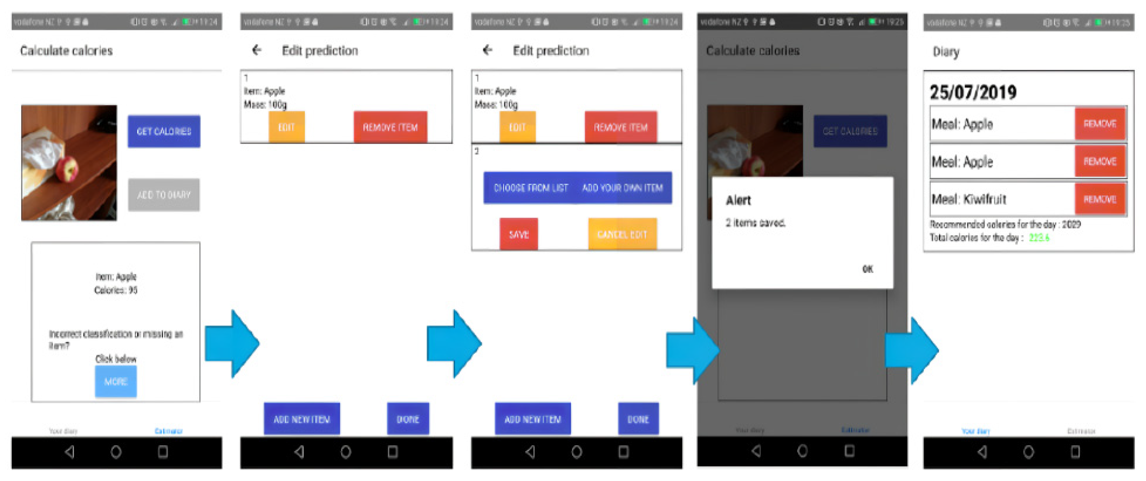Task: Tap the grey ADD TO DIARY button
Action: [x=164, y=195]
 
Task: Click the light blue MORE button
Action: [x=116, y=381]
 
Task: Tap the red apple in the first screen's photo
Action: [x=67, y=169]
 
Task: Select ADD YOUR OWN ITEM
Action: [x=622, y=188]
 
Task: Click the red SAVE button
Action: [x=518, y=234]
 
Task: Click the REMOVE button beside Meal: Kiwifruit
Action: [x=1100, y=199]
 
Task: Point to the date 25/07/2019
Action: [x=973, y=92]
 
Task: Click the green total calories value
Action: [x=1039, y=238]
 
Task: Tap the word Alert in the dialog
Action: [x=738, y=201]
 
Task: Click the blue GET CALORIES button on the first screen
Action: [x=164, y=131]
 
